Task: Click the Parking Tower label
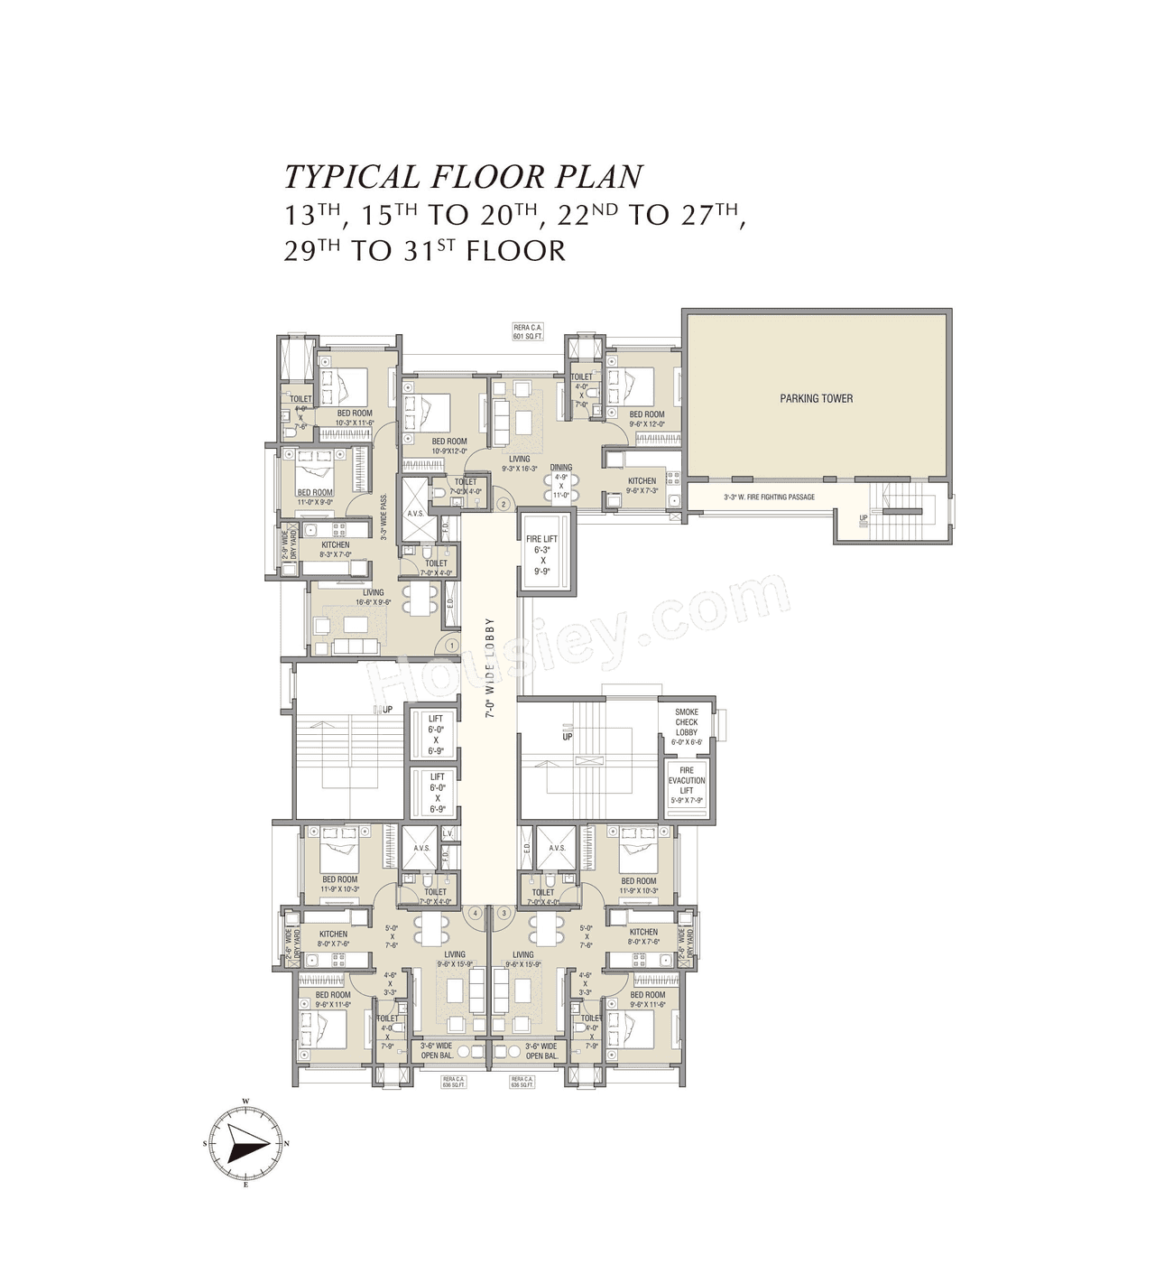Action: [816, 398]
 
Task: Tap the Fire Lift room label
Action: [542, 554]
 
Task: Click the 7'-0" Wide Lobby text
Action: [490, 667]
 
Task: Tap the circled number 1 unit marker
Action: [451, 646]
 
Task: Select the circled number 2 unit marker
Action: [504, 504]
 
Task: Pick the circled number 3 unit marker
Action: [504, 913]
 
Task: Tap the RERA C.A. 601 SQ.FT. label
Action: [528, 331]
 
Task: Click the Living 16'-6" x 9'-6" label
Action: [373, 598]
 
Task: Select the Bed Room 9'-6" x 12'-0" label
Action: [647, 419]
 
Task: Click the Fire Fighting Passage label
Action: [769, 498]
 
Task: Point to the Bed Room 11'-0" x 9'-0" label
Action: [315, 498]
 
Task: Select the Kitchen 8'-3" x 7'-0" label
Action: [335, 550]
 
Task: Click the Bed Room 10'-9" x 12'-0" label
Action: [449, 446]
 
